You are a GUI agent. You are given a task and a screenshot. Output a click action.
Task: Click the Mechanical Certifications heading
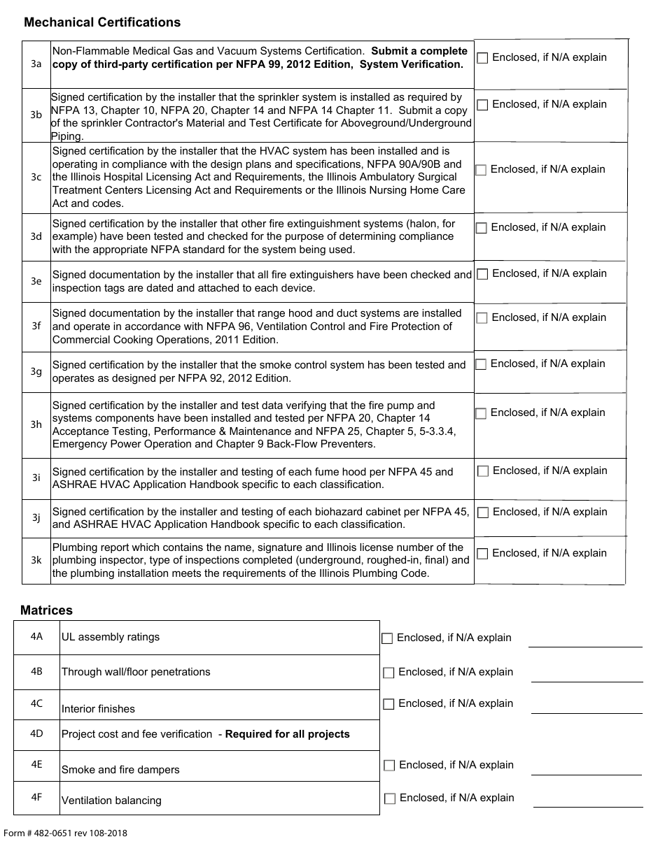click(x=102, y=22)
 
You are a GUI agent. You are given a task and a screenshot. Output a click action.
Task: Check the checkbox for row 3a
click(x=482, y=58)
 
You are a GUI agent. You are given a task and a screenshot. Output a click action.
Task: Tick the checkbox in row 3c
click(x=481, y=170)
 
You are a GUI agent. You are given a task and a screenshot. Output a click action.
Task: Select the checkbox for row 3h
click(x=481, y=413)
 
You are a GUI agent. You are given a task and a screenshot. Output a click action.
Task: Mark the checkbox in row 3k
click(x=482, y=554)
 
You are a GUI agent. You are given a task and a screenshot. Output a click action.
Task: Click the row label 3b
click(x=36, y=115)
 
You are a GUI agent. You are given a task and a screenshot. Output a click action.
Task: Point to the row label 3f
click(x=36, y=326)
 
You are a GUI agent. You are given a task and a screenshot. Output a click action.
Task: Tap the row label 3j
click(x=36, y=517)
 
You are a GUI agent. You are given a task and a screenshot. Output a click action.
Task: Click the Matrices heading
click(x=46, y=610)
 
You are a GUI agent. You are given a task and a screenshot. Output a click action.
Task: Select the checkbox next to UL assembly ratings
click(x=387, y=638)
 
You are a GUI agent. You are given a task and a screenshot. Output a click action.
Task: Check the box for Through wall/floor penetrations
click(x=388, y=673)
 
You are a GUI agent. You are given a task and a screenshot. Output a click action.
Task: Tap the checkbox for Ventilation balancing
click(x=390, y=798)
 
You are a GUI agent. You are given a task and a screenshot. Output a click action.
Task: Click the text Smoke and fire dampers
click(x=120, y=770)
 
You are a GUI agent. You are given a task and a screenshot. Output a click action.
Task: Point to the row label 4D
click(x=36, y=733)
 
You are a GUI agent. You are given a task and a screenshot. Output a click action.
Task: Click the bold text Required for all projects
click(x=287, y=734)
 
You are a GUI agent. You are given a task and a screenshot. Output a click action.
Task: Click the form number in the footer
click(x=66, y=833)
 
